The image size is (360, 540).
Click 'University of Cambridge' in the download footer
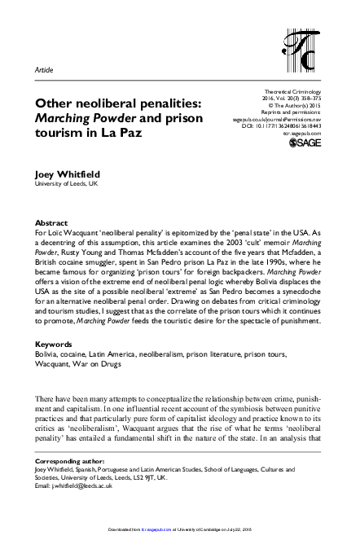pyautogui.click(x=222, y=535)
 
